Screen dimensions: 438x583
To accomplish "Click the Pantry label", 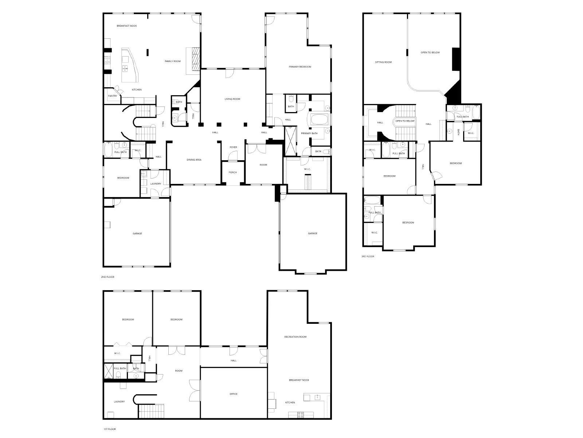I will [x=113, y=96].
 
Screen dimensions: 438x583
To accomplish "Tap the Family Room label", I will [x=173, y=61].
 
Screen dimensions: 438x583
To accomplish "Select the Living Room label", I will [x=232, y=99].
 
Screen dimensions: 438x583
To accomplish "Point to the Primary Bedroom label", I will [x=300, y=67].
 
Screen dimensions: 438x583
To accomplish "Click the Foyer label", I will [x=233, y=147].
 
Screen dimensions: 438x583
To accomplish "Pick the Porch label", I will [x=233, y=172].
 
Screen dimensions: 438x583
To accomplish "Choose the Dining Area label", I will [x=194, y=160].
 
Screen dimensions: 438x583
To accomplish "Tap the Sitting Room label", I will [x=383, y=62].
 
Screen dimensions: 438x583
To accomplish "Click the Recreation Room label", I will [x=295, y=337].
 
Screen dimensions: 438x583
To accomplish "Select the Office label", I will [x=234, y=394].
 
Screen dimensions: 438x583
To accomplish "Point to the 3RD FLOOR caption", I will [x=368, y=257].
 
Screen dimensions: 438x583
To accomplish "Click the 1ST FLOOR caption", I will [x=109, y=429].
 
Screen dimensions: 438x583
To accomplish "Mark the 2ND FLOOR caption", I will [x=107, y=277].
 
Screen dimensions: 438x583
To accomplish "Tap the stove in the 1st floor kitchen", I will [x=301, y=415].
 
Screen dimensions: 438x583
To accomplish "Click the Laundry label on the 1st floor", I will [x=119, y=402].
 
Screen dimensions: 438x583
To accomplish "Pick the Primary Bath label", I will [x=309, y=134].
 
